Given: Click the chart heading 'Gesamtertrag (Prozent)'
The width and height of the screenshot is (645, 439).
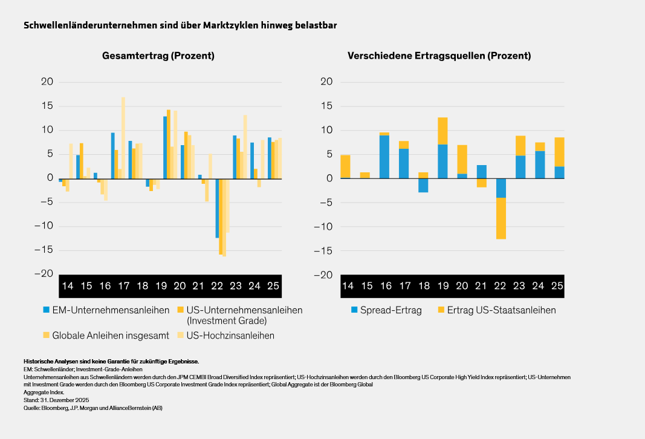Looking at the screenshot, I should pos(158,56).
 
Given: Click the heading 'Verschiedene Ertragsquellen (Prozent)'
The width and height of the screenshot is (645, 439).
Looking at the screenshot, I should pos(439,56).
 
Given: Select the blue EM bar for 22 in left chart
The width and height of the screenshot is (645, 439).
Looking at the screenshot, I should pos(218,208).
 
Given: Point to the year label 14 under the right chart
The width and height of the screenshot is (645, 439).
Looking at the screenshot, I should pos(348,285).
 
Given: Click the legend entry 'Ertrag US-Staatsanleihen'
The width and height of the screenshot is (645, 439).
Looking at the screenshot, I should pos(501,310).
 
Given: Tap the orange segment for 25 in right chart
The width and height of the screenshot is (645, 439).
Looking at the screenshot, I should pos(559,152).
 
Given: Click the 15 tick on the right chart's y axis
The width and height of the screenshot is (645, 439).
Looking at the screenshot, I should pos(327,106).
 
